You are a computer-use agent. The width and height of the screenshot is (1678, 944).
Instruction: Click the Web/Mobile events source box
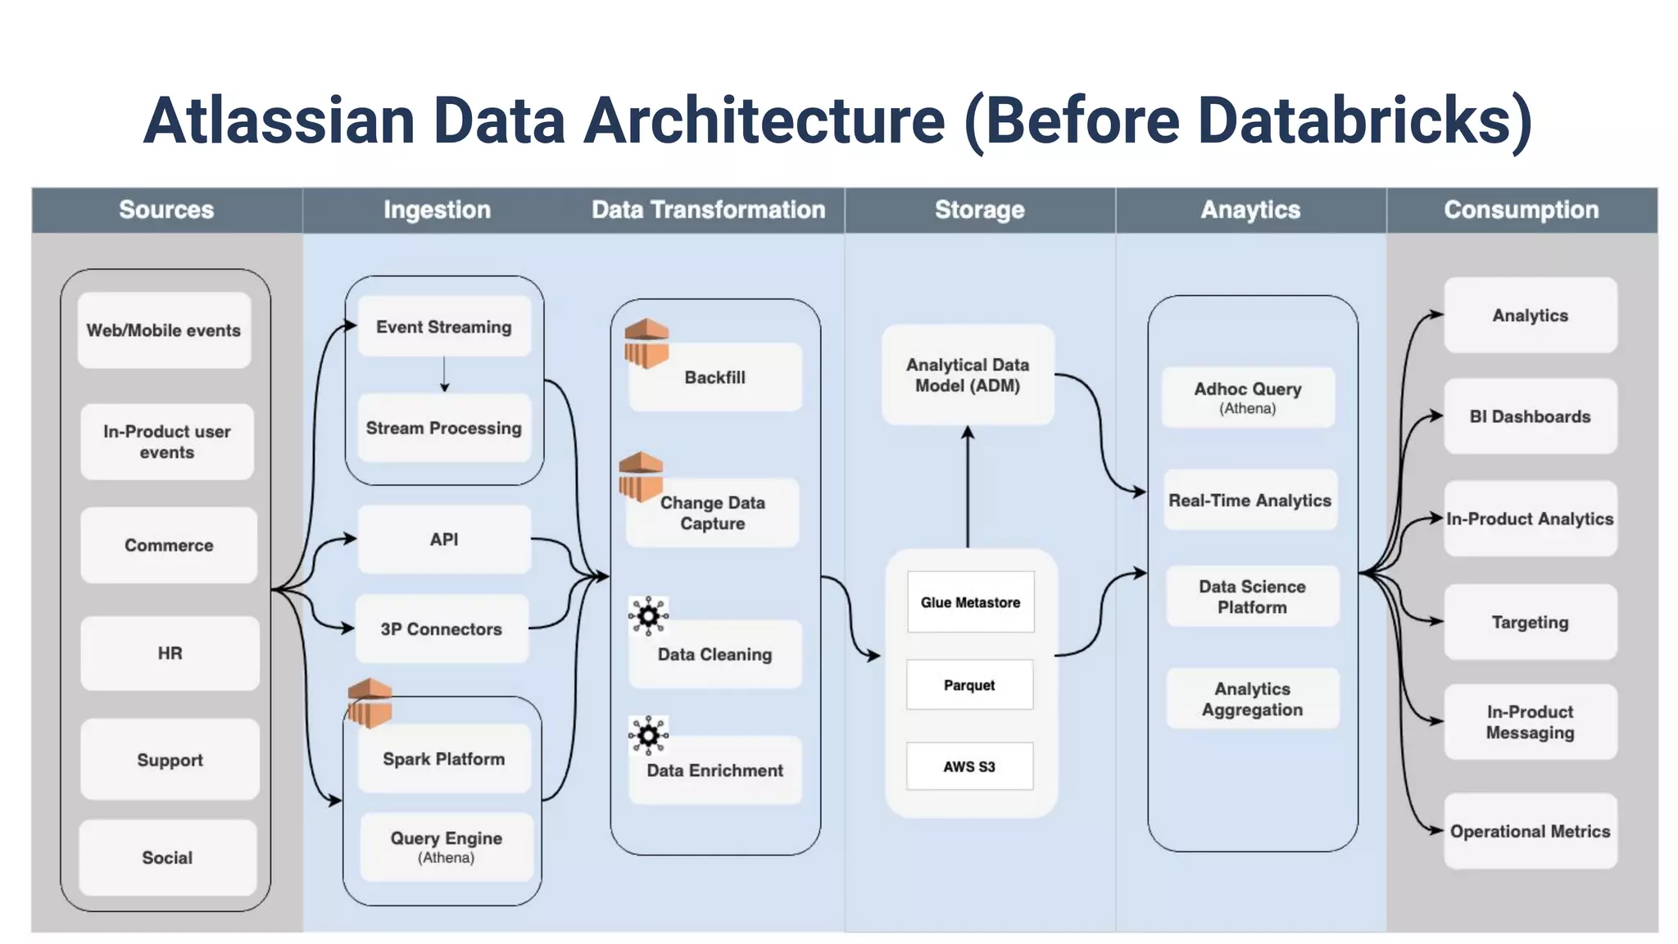(164, 330)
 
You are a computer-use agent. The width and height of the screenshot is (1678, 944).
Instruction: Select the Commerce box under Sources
(169, 545)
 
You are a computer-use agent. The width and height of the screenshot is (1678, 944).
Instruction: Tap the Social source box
(167, 857)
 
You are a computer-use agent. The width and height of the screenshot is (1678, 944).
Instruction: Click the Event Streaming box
(444, 327)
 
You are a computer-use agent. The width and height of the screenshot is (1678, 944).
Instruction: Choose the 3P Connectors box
(442, 629)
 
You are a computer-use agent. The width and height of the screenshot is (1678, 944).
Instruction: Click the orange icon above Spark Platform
(370, 703)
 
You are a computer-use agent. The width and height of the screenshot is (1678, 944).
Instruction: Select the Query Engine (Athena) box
(447, 846)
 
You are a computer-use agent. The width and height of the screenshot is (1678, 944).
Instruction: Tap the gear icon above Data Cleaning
(648, 615)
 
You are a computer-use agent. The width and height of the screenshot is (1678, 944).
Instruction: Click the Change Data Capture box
(713, 514)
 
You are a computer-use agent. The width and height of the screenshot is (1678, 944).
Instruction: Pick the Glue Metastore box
(970, 602)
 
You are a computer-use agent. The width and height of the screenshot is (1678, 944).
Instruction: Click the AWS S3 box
(969, 766)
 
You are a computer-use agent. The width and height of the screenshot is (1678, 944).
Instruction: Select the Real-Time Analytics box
(1250, 500)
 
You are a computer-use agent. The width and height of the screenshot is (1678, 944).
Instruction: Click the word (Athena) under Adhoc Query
(1247, 408)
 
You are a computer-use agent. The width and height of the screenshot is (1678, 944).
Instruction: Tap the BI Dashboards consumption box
(1530, 416)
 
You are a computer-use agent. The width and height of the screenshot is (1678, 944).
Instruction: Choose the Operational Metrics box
(1530, 831)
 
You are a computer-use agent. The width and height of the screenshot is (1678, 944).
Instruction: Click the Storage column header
(980, 210)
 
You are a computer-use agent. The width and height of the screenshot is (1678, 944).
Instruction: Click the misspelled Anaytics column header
(1250, 210)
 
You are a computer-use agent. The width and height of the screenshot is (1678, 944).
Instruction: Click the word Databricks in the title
(1354, 120)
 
